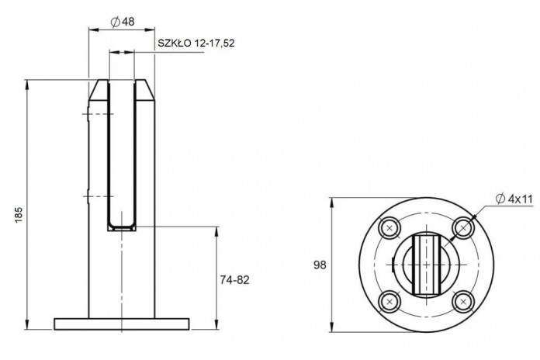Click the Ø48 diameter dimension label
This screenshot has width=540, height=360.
[123, 22]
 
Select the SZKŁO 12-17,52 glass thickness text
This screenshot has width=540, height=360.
[196, 43]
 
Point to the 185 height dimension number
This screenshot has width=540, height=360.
[19, 215]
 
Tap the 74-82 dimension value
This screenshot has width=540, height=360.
[234, 280]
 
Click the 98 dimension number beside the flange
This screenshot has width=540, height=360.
[320, 265]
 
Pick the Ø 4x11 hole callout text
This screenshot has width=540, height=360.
[514, 199]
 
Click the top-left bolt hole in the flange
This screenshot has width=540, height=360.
[389, 227]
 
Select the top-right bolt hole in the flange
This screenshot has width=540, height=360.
[463, 227]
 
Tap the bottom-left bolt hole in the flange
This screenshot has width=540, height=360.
[389, 302]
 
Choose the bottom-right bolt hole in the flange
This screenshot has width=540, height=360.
[463, 302]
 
